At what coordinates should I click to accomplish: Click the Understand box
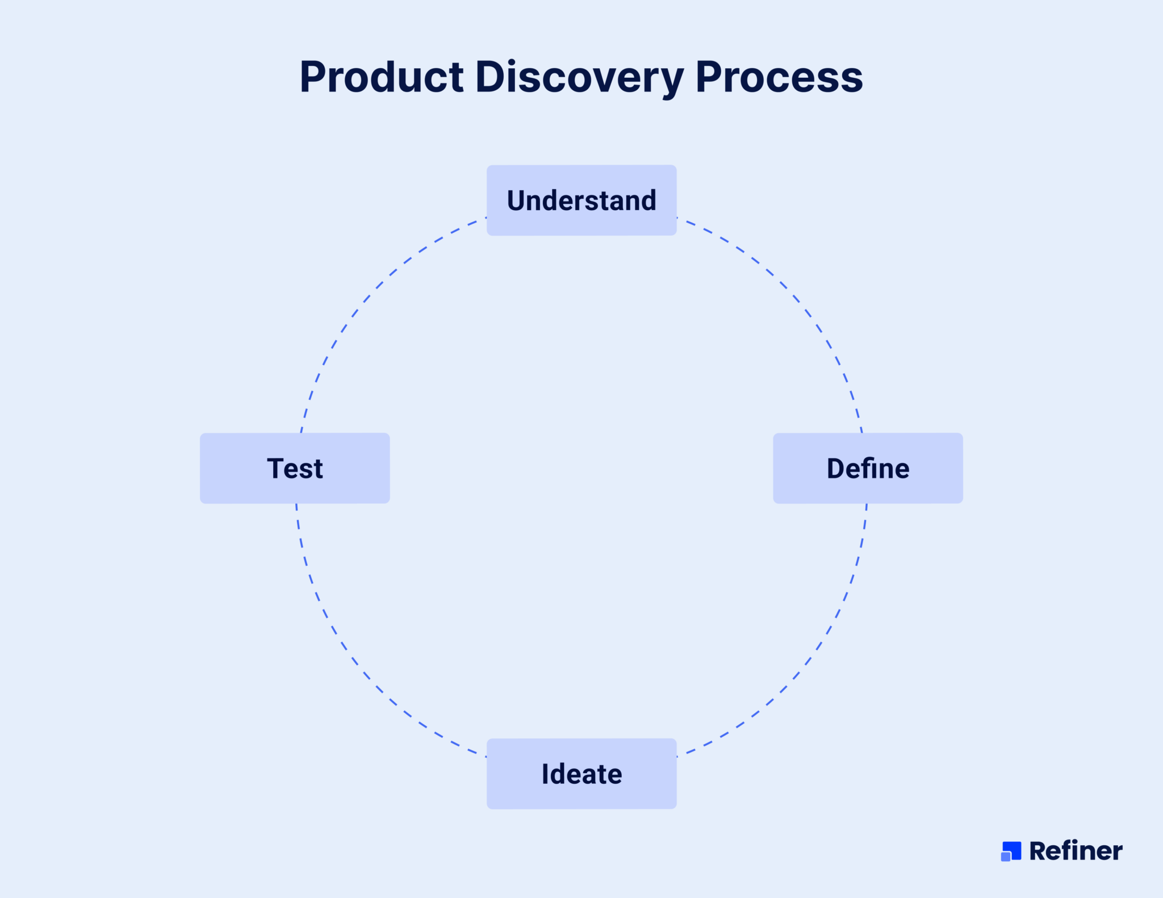(x=581, y=200)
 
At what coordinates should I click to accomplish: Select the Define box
(x=868, y=468)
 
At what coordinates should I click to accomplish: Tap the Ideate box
(x=581, y=774)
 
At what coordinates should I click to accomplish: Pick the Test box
(x=295, y=468)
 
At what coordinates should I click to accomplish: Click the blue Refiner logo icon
(x=1011, y=851)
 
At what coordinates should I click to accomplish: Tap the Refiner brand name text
(x=1076, y=851)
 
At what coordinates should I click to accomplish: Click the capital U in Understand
(x=517, y=201)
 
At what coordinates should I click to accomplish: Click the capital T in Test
(x=276, y=469)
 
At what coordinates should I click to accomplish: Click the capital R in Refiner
(x=1039, y=851)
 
